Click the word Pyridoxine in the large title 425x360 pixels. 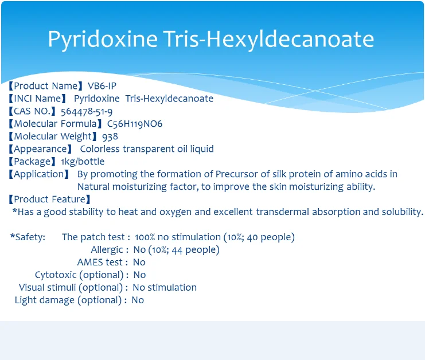point(103,40)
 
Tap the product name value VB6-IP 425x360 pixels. point(102,86)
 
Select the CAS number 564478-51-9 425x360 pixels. point(87,111)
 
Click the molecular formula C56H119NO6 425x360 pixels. point(135,124)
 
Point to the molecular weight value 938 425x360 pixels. point(110,136)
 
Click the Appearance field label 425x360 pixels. point(40,149)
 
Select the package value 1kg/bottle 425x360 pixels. point(83,162)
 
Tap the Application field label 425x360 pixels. point(39,174)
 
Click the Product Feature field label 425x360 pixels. point(49,199)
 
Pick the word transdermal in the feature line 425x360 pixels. point(282,212)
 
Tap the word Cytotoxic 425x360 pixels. point(56,275)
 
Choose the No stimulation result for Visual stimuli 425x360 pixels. point(165,287)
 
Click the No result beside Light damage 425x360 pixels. point(138,300)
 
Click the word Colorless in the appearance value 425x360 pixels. point(100,148)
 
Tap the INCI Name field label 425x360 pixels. point(37,99)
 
